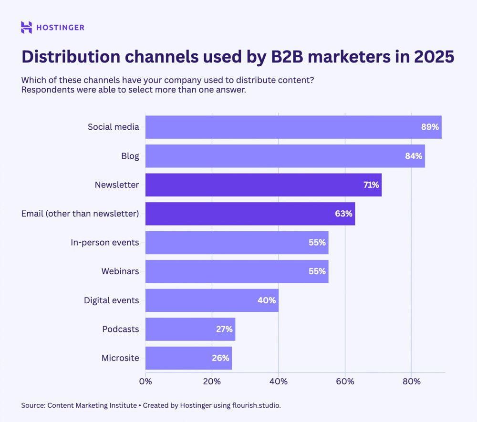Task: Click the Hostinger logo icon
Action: click(x=27, y=28)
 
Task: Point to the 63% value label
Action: click(x=343, y=214)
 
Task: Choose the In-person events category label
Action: click(x=105, y=242)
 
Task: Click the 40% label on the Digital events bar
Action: click(x=267, y=300)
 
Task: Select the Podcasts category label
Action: click(x=121, y=329)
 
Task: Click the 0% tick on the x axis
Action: click(x=145, y=381)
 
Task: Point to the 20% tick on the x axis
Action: click(x=212, y=381)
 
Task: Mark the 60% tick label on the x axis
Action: click(x=345, y=381)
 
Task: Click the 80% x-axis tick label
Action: click(x=412, y=381)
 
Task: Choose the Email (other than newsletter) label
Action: click(x=80, y=214)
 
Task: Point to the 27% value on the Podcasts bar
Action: click(x=223, y=329)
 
